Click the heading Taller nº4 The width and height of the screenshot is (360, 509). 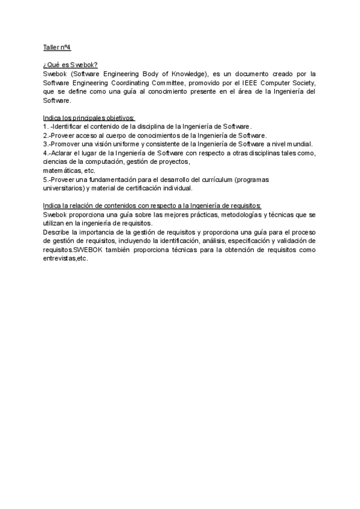(57, 47)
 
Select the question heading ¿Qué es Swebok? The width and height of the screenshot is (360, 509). (66, 64)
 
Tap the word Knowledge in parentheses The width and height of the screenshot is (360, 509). (191, 73)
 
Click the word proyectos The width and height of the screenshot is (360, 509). (173, 161)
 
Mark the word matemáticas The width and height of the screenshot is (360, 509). (62, 170)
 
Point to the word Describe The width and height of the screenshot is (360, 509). (58, 232)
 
